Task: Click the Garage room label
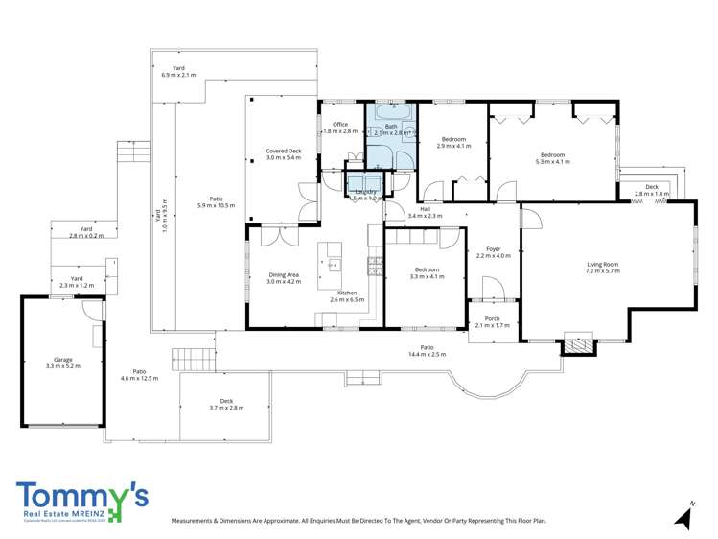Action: point(62,362)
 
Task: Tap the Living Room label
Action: point(603,268)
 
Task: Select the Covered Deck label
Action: point(284,154)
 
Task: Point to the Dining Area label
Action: point(284,279)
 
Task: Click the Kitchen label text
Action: point(347,293)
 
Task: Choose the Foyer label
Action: point(494,251)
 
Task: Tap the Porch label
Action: point(492,321)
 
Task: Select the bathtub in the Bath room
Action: point(393,112)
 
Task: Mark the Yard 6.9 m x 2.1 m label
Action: point(178,71)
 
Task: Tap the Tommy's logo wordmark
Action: point(81,497)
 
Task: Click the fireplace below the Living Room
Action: point(577,344)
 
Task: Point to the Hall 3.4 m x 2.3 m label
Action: point(425,212)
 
